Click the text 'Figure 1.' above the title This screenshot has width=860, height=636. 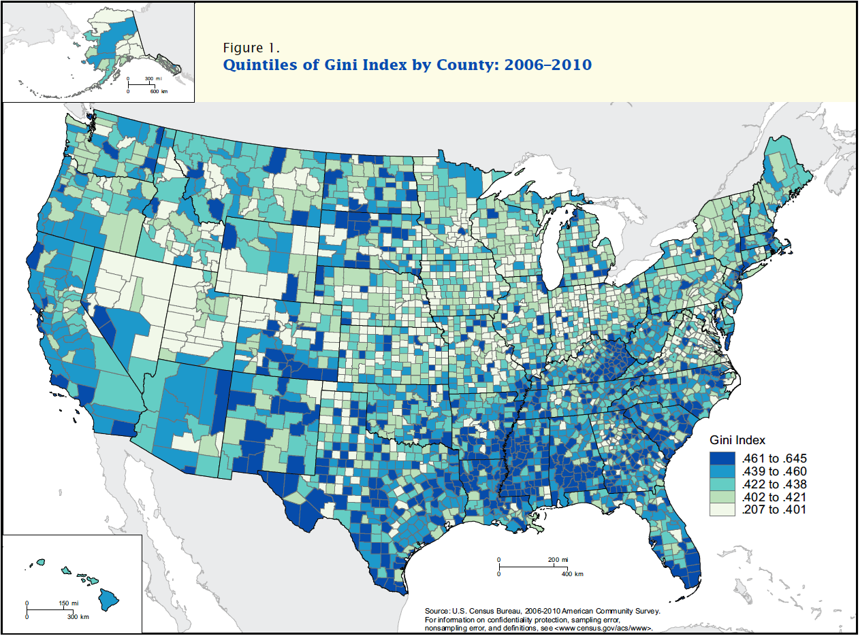[251, 48]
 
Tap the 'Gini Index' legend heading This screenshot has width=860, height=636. [738, 440]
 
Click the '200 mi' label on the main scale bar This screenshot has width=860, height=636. [557, 560]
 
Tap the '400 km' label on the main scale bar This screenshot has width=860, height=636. [572, 574]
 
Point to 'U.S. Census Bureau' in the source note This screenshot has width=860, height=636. [481, 612]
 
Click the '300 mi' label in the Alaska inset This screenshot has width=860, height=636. [153, 80]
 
